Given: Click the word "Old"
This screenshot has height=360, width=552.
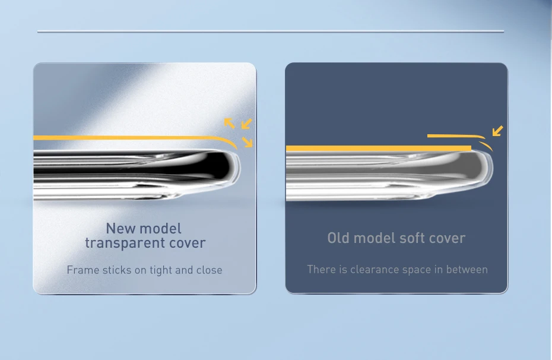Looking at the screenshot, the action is pyautogui.click(x=338, y=238).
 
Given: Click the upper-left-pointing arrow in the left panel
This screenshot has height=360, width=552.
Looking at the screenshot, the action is pyautogui.click(x=229, y=123).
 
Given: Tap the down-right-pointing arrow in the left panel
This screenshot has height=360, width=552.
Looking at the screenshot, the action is pyautogui.click(x=247, y=142).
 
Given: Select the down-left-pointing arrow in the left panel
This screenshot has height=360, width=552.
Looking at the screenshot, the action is pyautogui.click(x=246, y=124).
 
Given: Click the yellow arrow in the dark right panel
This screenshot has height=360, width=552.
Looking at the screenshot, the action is pyautogui.click(x=498, y=131).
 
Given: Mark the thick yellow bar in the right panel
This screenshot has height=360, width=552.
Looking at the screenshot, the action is pyautogui.click(x=379, y=149).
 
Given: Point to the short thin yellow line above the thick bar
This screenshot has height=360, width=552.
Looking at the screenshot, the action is pyautogui.click(x=456, y=135).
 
